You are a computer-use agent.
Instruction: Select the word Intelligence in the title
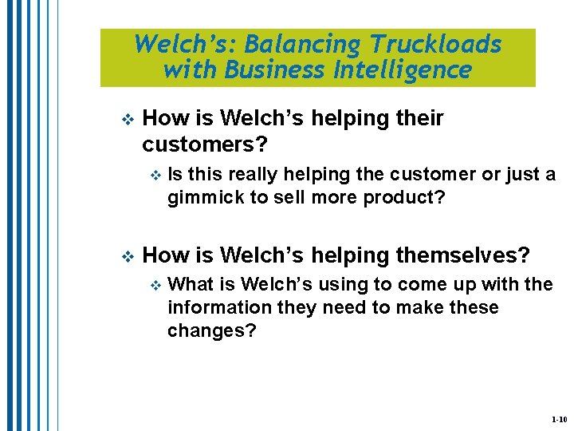403,70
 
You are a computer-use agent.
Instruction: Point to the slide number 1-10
559,419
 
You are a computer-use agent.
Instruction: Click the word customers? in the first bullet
205,146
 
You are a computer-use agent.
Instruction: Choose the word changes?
212,331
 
